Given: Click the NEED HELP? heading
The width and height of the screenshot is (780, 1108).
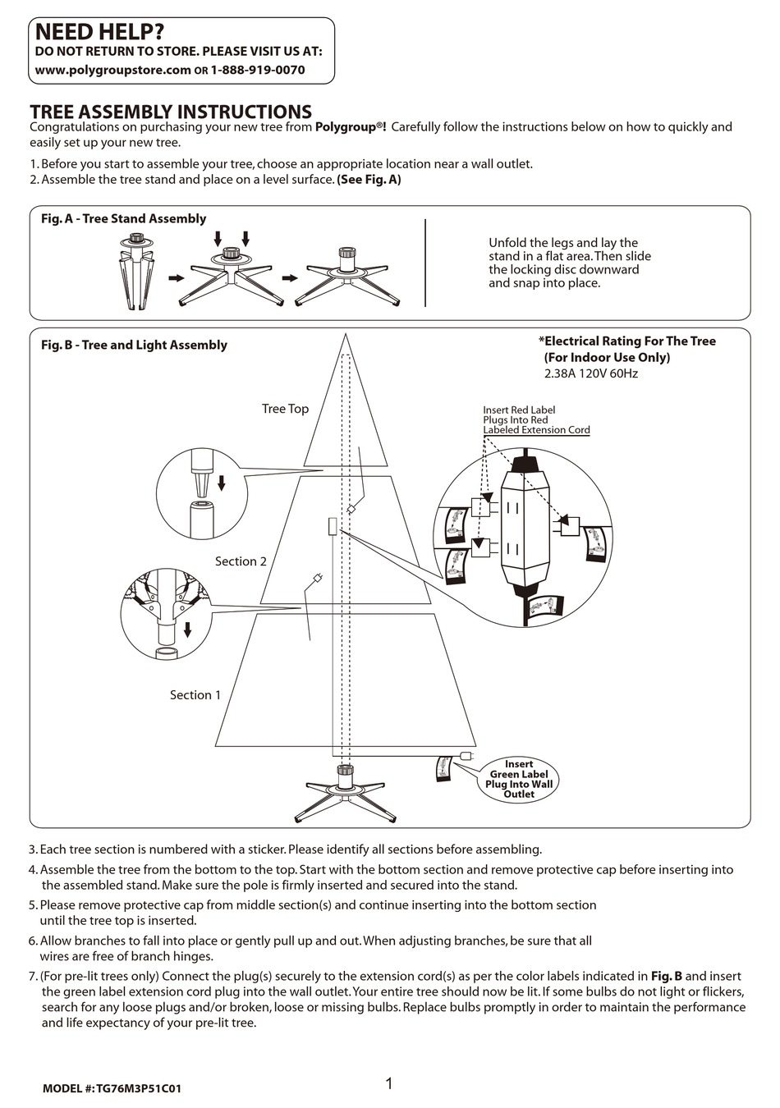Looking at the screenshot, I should pos(99,32).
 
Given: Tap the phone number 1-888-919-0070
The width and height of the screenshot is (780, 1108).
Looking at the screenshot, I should pos(258,70).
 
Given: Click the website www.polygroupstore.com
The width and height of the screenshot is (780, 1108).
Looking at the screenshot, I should pos(112,70).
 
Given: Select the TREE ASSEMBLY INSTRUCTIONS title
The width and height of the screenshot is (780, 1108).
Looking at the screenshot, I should pos(171,112).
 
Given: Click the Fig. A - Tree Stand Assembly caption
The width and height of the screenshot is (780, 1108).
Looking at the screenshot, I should pos(123,218).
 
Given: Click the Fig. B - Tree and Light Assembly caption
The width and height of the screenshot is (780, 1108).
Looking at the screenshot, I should pos(134,345).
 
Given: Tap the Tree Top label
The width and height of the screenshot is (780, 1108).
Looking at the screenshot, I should pos(285,409).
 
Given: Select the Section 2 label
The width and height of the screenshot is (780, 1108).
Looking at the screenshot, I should pos(241,561).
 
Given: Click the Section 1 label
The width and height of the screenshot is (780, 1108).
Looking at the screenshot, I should pos(195,695).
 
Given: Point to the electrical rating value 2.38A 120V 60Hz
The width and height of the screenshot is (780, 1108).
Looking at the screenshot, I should pos(591,373).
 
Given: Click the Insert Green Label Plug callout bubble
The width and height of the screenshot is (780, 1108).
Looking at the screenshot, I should pos(519,779).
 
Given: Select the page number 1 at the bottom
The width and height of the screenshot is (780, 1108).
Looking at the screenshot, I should pos(389,1084).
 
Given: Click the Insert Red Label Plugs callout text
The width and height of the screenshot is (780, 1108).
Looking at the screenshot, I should pos(535,420).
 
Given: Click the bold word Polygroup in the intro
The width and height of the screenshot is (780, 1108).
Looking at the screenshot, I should pos(348,127).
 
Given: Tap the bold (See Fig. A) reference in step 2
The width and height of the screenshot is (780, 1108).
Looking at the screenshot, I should pos(369,180).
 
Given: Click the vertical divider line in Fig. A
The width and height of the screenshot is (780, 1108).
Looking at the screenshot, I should pos(425,263).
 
